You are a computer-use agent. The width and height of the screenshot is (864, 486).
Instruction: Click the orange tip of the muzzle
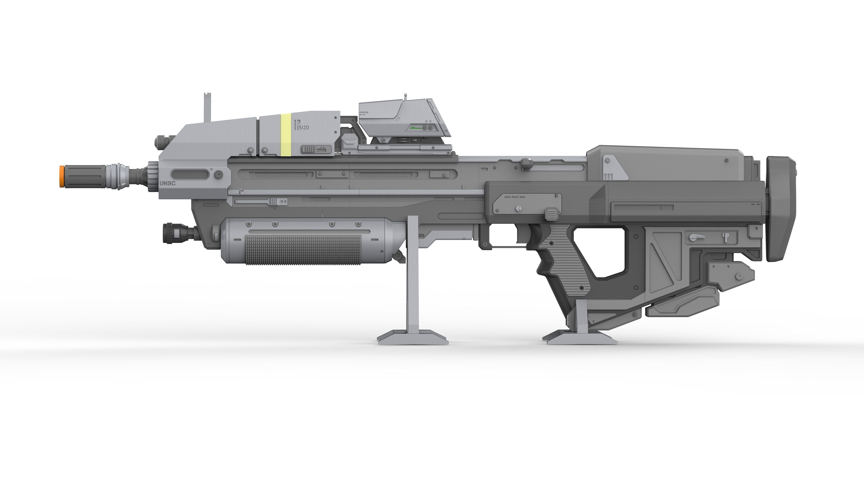62,176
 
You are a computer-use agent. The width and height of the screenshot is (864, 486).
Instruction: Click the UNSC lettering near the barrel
167,183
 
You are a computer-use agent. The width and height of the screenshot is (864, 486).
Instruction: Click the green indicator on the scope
416,128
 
